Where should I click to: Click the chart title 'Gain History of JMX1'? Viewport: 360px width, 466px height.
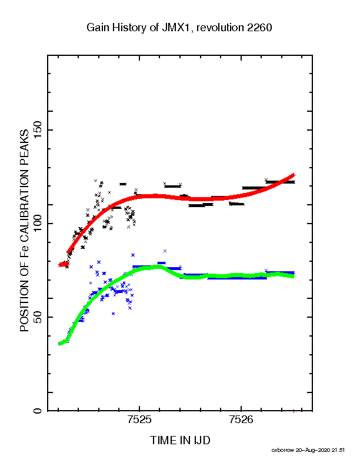[x=138, y=28]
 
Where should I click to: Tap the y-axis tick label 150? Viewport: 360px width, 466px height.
[x=38, y=130]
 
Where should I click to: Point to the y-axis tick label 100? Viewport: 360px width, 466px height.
[x=38, y=224]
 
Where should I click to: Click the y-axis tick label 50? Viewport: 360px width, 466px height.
[x=38, y=317]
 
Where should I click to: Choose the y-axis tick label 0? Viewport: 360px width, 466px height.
[x=38, y=411]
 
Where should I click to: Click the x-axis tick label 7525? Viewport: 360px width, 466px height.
[x=139, y=420]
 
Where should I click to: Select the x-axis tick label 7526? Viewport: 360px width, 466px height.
[x=241, y=420]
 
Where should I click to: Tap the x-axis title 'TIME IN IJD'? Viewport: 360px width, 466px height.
[x=180, y=440]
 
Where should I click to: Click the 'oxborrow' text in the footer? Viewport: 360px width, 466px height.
[x=282, y=450]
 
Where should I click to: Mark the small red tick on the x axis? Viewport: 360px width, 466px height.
[x=294, y=411]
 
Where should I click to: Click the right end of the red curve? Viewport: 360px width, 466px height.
[x=294, y=175]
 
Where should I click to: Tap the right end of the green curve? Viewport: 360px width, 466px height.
[x=293, y=277]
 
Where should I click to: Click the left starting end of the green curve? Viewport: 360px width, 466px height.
[x=59, y=344]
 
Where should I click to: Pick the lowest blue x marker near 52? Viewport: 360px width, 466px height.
[x=113, y=314]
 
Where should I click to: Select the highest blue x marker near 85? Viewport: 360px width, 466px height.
[x=165, y=251]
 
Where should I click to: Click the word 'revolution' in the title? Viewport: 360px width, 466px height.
[x=220, y=28]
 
